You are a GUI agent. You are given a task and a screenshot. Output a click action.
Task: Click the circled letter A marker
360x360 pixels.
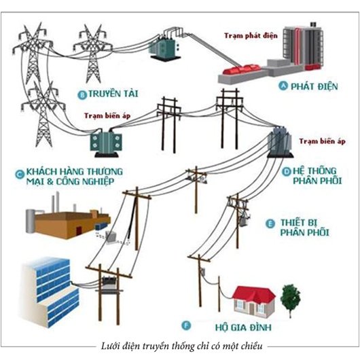(283, 86)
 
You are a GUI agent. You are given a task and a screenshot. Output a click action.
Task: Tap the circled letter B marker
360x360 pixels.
(82, 94)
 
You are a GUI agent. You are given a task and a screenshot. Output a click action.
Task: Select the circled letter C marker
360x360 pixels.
(20, 175)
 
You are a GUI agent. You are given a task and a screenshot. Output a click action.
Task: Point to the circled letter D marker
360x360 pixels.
(286, 172)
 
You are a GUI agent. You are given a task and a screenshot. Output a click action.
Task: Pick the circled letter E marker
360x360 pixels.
(270, 224)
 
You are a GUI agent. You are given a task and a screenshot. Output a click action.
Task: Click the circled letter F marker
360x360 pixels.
(186, 325)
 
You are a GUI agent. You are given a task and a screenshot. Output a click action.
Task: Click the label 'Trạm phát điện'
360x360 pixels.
(251, 36)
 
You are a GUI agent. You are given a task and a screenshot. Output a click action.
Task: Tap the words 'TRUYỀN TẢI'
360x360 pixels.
(113, 94)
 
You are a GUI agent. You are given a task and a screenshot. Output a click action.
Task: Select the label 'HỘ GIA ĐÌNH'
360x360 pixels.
(243, 327)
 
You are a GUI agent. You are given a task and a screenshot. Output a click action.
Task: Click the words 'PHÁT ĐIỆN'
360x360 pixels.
(314, 86)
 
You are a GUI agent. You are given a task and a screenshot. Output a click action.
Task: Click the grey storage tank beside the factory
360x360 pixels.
(30, 220)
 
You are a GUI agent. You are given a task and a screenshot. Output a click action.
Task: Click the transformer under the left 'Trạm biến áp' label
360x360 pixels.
(106, 143)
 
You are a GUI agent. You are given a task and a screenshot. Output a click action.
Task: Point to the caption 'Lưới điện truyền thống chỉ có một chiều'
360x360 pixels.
(181, 346)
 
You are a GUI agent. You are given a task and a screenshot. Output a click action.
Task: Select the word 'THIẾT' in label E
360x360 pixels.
(293, 223)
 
